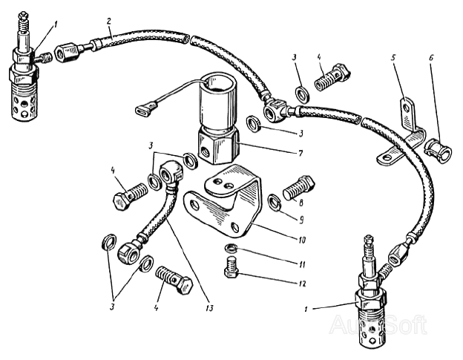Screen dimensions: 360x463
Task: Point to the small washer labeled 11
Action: point(231,248)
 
